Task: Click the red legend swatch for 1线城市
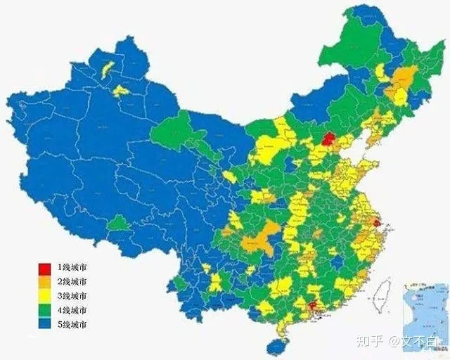click(x=44, y=268)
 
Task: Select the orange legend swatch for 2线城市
click(x=44, y=282)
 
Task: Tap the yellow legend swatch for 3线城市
click(x=44, y=296)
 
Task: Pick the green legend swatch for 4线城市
click(x=44, y=310)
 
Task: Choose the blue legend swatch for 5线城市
click(x=44, y=324)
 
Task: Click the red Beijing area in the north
click(x=327, y=139)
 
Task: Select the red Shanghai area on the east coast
click(x=376, y=224)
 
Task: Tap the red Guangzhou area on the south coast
click(x=312, y=305)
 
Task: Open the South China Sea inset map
click(x=425, y=309)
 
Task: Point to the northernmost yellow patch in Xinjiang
click(x=108, y=69)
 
